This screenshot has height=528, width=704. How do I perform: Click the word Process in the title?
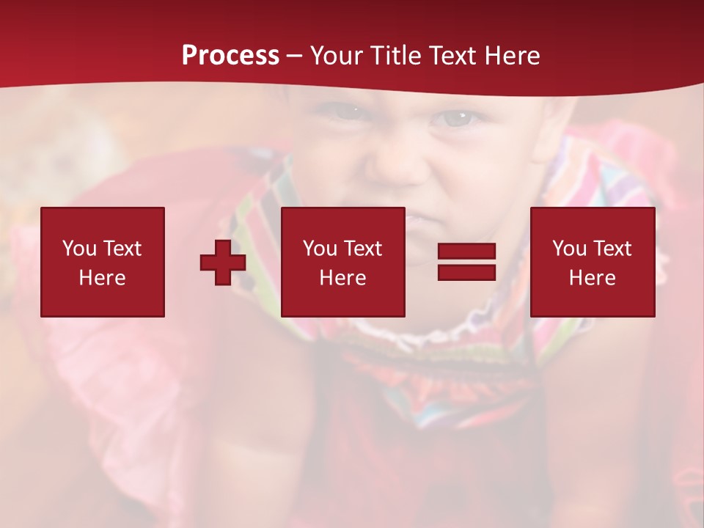click(230, 56)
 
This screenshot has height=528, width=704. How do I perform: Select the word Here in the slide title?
click(512, 56)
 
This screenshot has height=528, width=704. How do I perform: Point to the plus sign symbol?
click(223, 263)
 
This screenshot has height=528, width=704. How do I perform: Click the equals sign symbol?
click(467, 262)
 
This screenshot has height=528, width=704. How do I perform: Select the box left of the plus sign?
click(103, 262)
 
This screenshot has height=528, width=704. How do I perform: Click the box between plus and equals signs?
click(342, 262)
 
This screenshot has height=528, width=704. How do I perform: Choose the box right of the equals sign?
click(593, 262)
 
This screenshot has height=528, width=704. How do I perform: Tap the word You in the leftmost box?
click(79, 249)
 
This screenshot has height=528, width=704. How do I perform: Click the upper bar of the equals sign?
click(467, 252)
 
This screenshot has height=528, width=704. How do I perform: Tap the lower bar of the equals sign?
click(467, 272)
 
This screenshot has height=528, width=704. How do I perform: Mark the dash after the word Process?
click(295, 56)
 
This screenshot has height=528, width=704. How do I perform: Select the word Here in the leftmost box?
click(103, 278)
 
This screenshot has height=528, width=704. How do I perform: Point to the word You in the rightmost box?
click(569, 249)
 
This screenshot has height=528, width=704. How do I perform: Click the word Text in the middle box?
click(362, 249)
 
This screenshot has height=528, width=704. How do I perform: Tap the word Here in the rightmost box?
click(593, 278)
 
